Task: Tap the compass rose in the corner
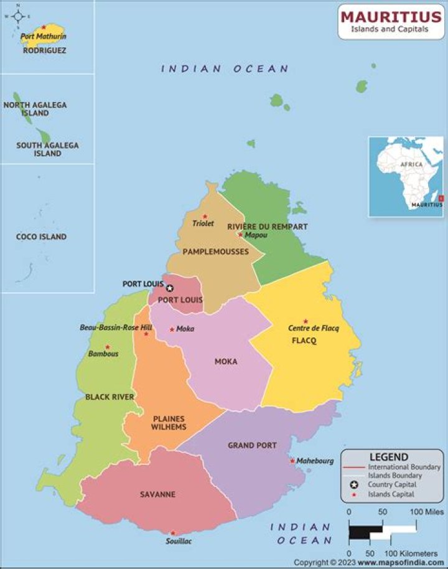(18, 13)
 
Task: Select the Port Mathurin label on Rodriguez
(43, 37)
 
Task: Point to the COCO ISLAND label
(41, 237)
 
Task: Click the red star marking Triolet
(205, 216)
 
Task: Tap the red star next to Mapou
(240, 235)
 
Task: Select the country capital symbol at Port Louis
(170, 288)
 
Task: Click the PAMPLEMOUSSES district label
(215, 252)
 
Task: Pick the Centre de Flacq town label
(314, 328)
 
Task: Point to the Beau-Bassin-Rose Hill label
(116, 327)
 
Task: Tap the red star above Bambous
(107, 347)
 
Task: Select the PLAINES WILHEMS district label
(169, 423)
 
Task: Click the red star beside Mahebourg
(292, 461)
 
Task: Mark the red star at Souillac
(173, 533)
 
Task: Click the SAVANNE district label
(157, 494)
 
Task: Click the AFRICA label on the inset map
(411, 164)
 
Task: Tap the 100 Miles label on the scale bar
(426, 512)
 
